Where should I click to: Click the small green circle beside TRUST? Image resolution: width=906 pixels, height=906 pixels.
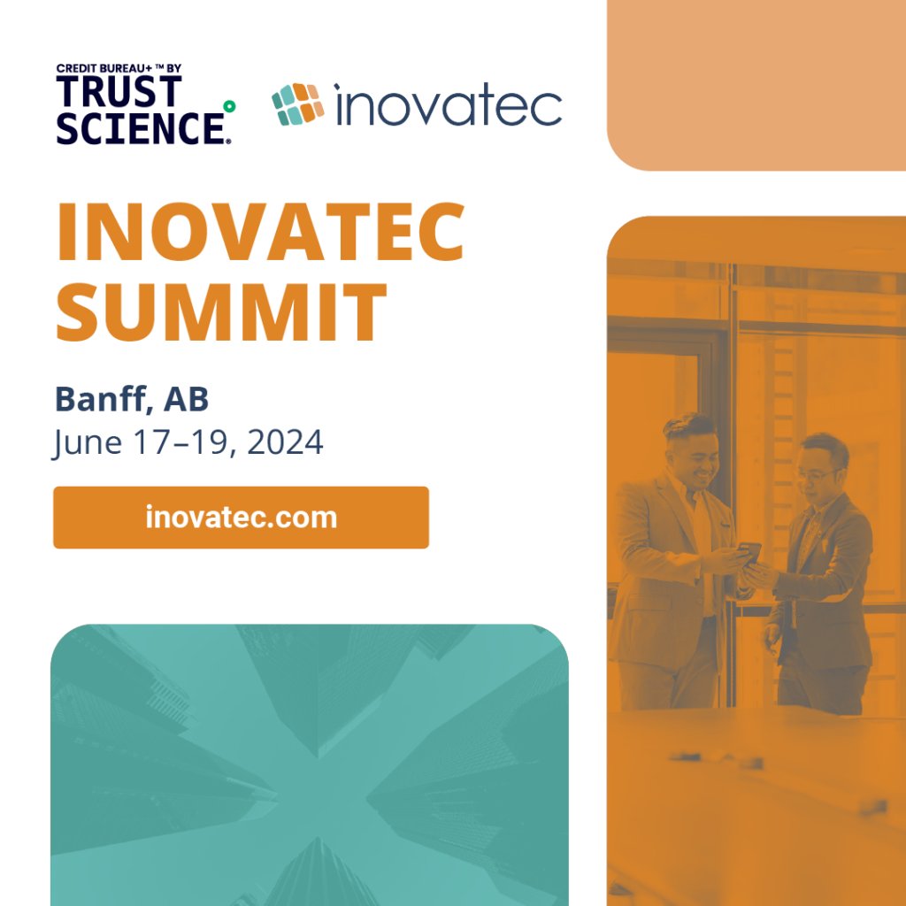229,106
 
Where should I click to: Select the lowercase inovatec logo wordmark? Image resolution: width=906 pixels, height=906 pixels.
448,106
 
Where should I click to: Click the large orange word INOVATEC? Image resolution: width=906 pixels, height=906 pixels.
260,233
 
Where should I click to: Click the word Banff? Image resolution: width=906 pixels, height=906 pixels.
101,400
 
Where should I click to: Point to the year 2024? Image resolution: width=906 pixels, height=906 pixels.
285,441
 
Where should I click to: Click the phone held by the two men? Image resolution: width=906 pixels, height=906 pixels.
749,553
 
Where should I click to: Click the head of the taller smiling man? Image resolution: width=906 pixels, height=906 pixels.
690,447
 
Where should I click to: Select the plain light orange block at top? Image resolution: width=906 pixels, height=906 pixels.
756,84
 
